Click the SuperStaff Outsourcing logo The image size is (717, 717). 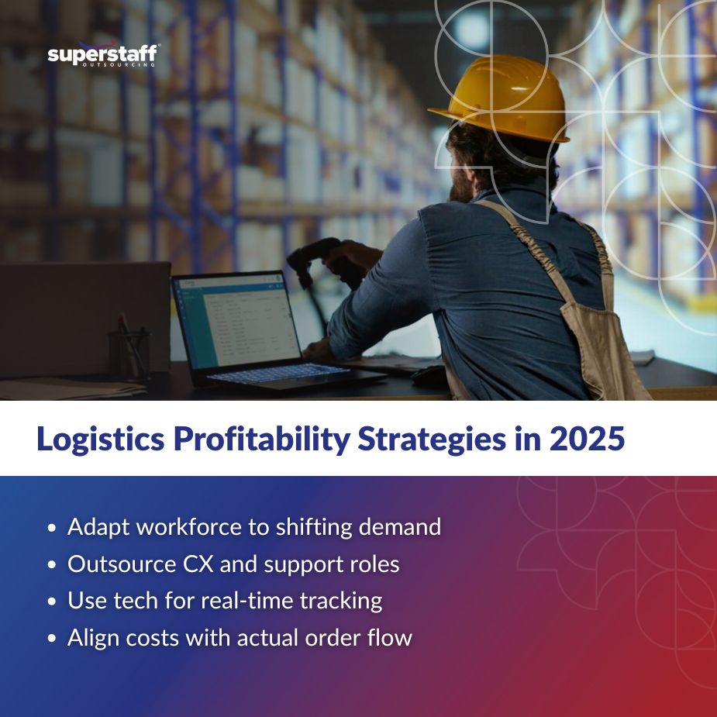click(103, 55)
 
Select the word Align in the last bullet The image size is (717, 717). click(91, 638)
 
